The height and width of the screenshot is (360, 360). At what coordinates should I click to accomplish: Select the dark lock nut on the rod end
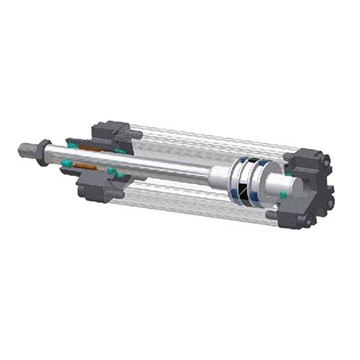point(44,151)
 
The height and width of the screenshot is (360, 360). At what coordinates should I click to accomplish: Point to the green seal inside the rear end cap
point(282,194)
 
